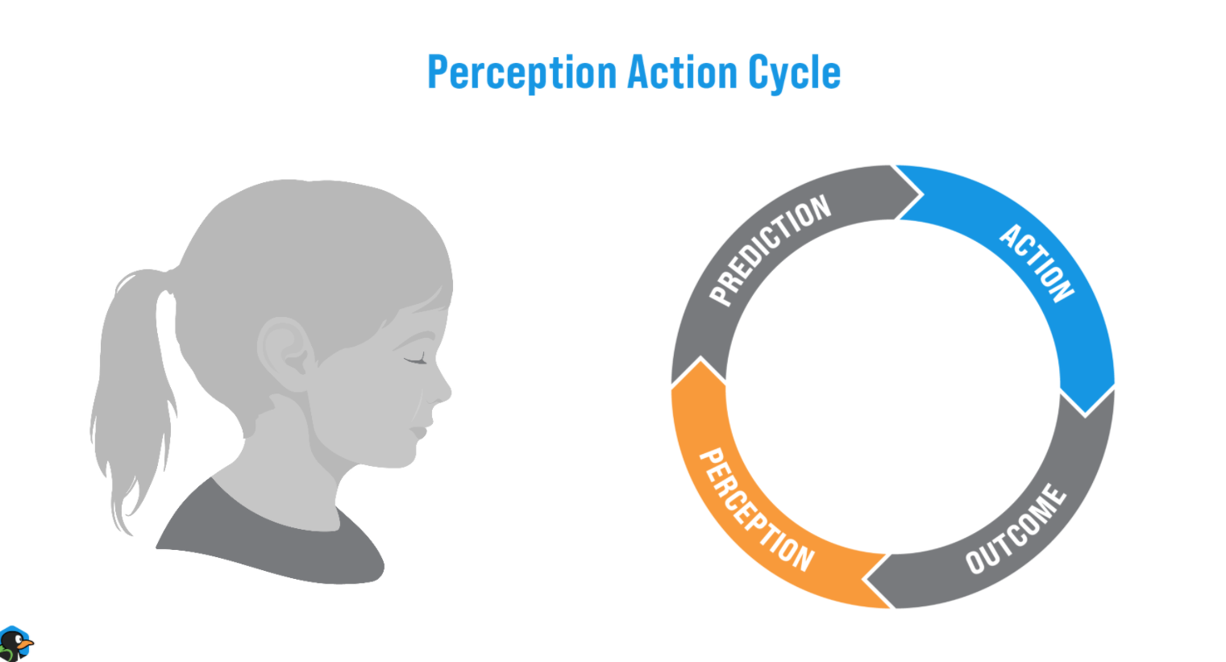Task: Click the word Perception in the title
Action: (x=522, y=73)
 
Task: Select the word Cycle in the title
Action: (x=794, y=73)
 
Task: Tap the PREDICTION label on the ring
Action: (x=770, y=249)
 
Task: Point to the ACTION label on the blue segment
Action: (x=1037, y=263)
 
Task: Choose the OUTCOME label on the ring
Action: (x=1016, y=529)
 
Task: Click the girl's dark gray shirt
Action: (x=274, y=548)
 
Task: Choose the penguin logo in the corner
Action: (x=15, y=644)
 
